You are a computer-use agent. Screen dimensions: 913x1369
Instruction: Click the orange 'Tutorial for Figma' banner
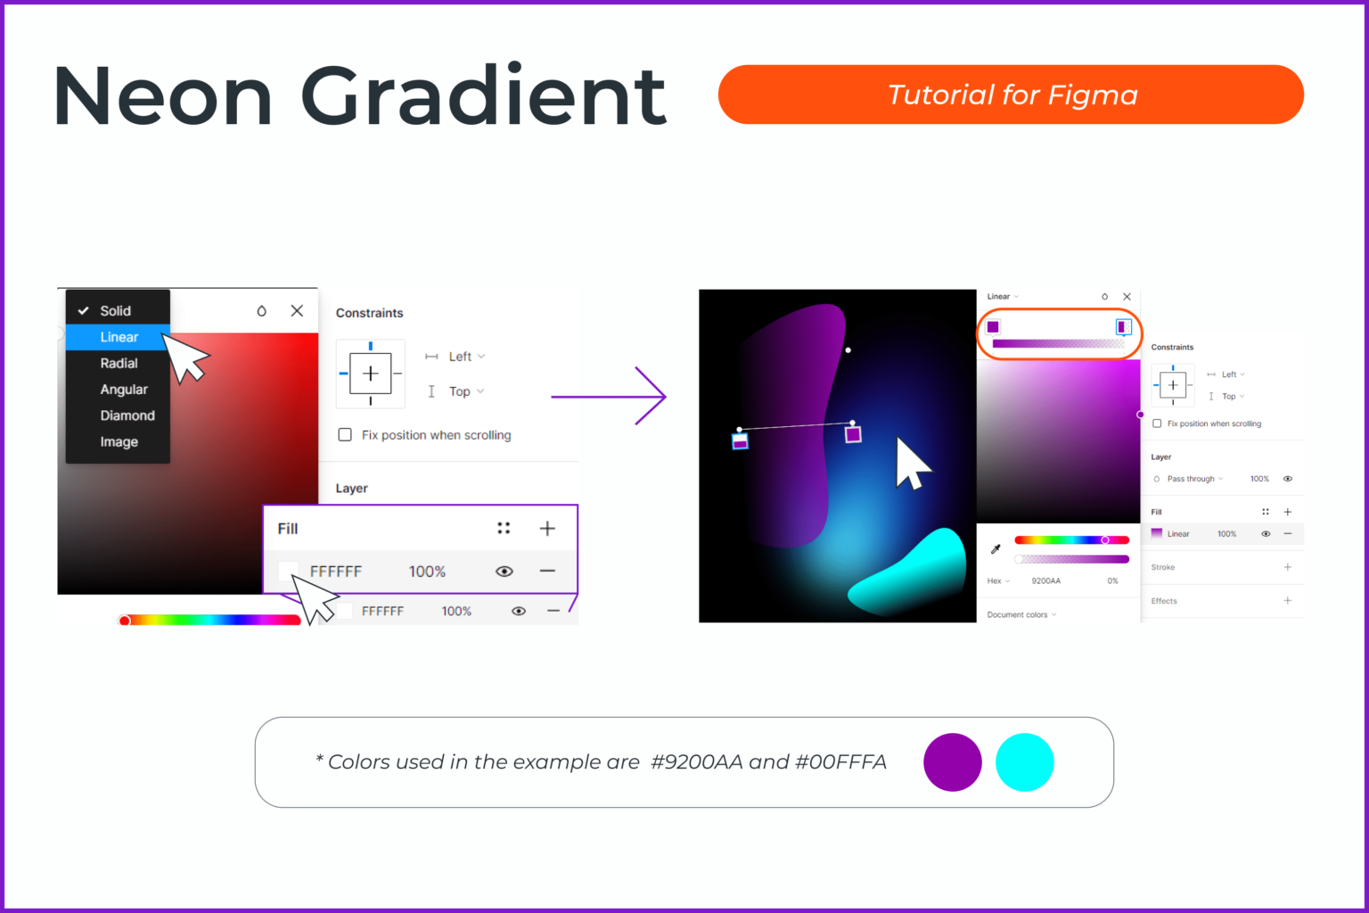1011,95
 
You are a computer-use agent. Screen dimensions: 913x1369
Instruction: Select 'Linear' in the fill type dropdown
119,337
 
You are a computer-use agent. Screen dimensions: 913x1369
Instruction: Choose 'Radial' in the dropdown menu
119,363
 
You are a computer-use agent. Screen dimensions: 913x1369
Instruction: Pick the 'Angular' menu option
124,390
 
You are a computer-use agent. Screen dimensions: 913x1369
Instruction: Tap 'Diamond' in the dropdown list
127,415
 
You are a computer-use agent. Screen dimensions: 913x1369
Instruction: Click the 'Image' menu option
119,442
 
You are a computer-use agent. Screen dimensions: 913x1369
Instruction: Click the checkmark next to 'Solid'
83,311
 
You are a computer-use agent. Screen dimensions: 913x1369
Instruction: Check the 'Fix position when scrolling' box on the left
345,435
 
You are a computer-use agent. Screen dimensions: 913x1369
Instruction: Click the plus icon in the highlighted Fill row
547,529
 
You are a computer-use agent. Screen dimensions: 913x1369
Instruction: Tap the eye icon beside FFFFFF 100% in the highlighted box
504,572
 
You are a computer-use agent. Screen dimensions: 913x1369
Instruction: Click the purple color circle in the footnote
952,762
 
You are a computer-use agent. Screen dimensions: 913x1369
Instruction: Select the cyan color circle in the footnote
1024,762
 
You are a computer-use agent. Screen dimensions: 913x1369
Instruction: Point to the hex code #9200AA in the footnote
696,762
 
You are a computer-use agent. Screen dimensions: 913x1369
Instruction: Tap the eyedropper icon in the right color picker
996,549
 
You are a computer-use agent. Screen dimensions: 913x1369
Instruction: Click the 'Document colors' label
1017,614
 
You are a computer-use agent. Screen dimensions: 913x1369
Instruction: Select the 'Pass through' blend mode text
1191,479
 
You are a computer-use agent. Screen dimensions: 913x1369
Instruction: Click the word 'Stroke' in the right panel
1162,567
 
